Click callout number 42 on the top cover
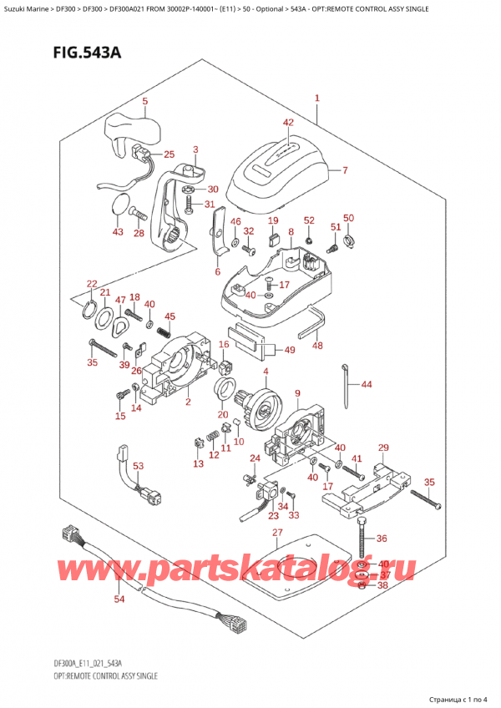[x=287, y=123]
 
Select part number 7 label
[x=344, y=172]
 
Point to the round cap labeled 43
[x=122, y=205]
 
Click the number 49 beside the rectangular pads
[x=289, y=350]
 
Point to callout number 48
[x=317, y=345]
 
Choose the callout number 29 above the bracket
[x=383, y=448]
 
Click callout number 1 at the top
[x=317, y=99]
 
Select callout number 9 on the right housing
[x=297, y=395]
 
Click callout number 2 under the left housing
[x=189, y=402]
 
